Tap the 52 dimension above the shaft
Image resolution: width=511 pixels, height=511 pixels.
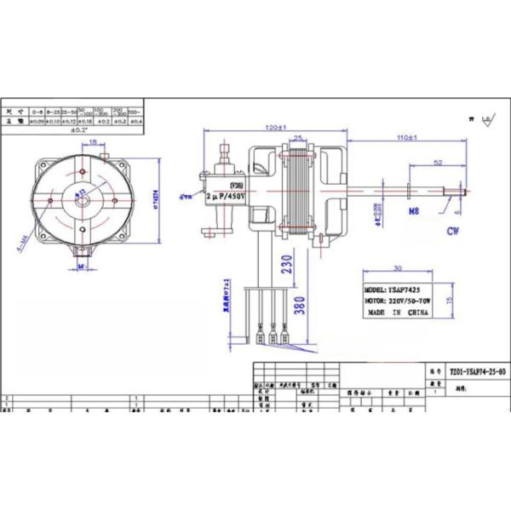tap(438, 161)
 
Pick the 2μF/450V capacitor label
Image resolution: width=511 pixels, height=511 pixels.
tap(227, 195)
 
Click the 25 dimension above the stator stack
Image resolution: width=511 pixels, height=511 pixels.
tap(299, 137)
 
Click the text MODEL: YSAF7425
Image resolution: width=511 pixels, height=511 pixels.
tap(393, 290)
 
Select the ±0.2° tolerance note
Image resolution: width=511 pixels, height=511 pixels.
tap(78, 130)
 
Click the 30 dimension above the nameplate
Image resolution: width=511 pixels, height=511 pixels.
tap(398, 267)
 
